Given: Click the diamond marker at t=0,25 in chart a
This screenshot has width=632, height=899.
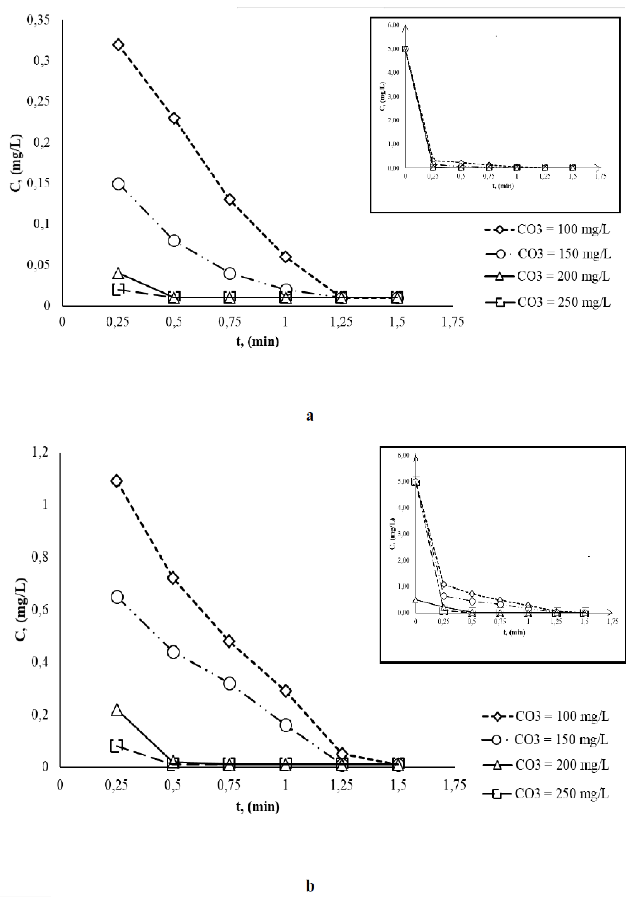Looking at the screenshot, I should click(118, 45).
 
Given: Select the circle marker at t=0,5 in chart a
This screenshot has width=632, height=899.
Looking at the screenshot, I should click(174, 240).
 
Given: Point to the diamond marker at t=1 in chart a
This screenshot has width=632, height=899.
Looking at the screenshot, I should click(286, 257).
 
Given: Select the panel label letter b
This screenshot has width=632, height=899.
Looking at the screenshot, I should click(310, 885).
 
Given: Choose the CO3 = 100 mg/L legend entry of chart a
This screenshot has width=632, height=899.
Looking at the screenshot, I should click(547, 229).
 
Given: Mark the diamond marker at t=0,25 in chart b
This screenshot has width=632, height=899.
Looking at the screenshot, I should click(116, 481).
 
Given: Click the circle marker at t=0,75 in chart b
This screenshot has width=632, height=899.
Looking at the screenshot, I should click(230, 684).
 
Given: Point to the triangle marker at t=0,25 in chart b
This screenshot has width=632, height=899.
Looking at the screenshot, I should click(117, 710).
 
